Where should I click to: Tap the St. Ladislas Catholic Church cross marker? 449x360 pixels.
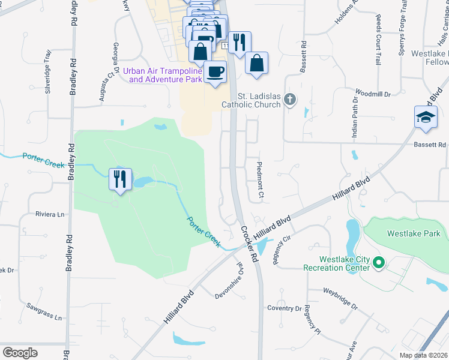290,99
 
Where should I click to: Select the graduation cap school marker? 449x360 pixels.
425,116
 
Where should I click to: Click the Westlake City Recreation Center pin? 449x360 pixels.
379,262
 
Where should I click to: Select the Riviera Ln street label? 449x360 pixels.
50,214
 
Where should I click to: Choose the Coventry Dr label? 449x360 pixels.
285,308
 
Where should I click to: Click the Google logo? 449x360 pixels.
20,352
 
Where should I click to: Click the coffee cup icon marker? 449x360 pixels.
215,72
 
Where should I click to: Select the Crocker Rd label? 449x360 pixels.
249,244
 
